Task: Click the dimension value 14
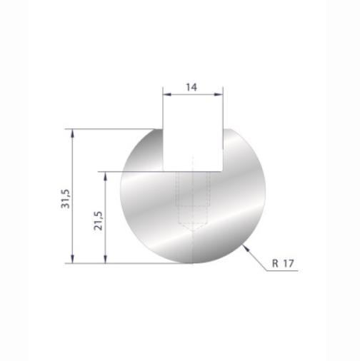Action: click(x=191, y=87)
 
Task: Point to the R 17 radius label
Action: click(x=284, y=263)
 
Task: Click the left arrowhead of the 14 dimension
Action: click(x=166, y=94)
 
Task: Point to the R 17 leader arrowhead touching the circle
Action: click(x=245, y=246)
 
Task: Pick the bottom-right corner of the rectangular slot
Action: click(x=223, y=171)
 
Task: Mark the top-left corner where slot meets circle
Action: click(x=162, y=129)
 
